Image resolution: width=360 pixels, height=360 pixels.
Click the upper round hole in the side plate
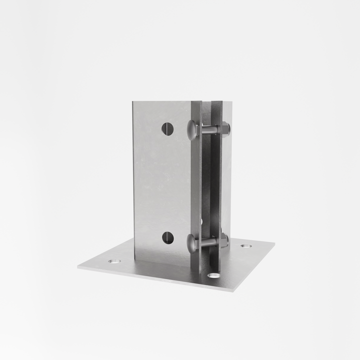(x=167, y=128)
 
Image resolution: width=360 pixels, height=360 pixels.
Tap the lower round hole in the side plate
(x=168, y=237)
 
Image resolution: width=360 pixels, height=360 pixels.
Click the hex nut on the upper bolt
(x=224, y=128)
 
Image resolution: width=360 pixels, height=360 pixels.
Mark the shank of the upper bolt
(x=209, y=130)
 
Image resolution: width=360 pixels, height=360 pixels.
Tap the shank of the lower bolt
(x=209, y=242)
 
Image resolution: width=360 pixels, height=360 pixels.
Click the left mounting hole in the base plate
(x=113, y=261)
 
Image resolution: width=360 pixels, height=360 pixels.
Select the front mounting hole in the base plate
(x=213, y=275)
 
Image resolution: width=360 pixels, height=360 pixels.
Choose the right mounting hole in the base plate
(x=245, y=246)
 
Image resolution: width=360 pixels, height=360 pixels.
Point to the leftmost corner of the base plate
(x=78, y=267)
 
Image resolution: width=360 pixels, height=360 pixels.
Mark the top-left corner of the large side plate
(x=133, y=102)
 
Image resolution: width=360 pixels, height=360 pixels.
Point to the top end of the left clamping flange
(x=196, y=102)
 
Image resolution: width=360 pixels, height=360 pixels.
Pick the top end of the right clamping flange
(x=216, y=102)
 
